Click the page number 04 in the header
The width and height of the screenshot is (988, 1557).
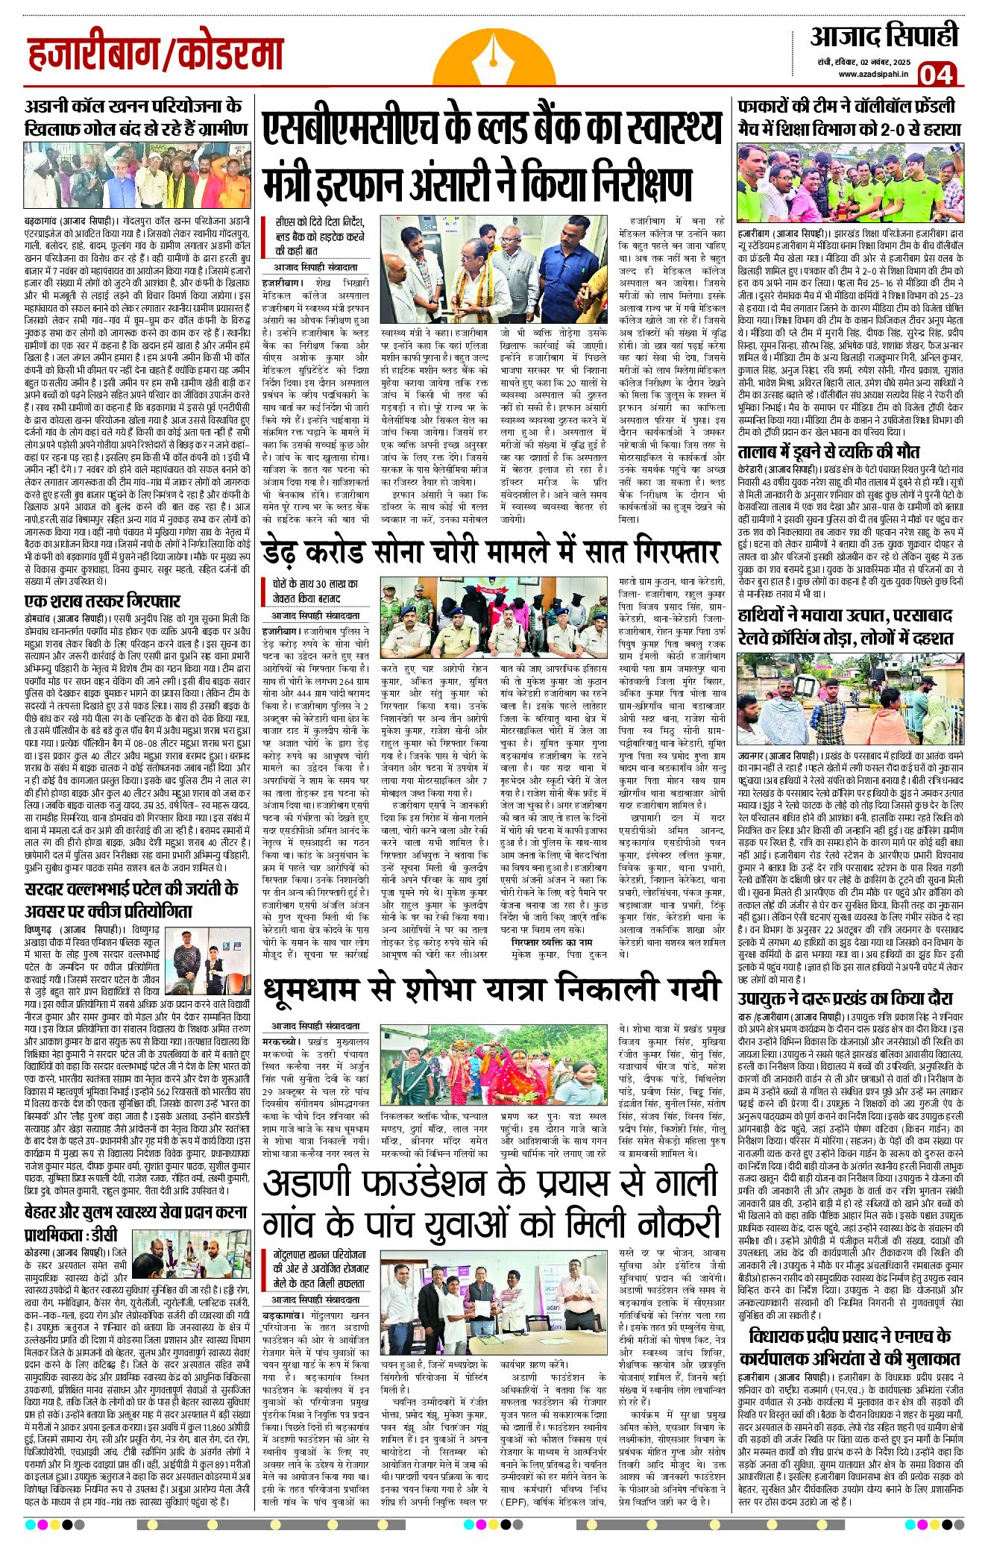(936, 75)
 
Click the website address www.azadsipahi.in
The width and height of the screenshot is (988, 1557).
(872, 73)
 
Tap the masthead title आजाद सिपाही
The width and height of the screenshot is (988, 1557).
(884, 36)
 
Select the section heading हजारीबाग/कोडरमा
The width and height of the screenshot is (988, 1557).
(156, 55)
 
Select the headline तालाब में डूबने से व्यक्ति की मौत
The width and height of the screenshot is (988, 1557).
(828, 451)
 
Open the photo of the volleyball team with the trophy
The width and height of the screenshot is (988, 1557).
(849, 182)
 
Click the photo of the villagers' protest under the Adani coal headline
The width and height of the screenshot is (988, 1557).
(137, 175)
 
